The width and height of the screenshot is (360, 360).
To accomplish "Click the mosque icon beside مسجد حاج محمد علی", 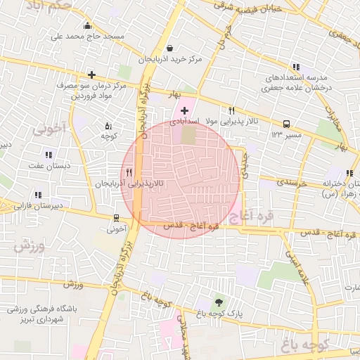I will [87, 27].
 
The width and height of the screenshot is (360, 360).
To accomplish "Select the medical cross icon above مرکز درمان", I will [91, 74].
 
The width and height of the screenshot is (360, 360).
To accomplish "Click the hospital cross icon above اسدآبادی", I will [185, 110].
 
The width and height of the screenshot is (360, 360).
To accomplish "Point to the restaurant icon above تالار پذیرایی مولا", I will [231, 110].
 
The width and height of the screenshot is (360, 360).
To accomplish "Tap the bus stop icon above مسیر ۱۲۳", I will [287, 123].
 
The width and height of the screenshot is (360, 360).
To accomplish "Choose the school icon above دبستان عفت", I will [48, 155].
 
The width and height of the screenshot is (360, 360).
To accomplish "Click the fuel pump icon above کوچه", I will [108, 124].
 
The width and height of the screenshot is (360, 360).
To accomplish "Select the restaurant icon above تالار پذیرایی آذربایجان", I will [129, 172].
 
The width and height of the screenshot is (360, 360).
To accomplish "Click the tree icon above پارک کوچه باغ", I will [218, 302].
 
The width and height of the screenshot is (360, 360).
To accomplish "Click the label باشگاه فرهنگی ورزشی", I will [43, 309].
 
